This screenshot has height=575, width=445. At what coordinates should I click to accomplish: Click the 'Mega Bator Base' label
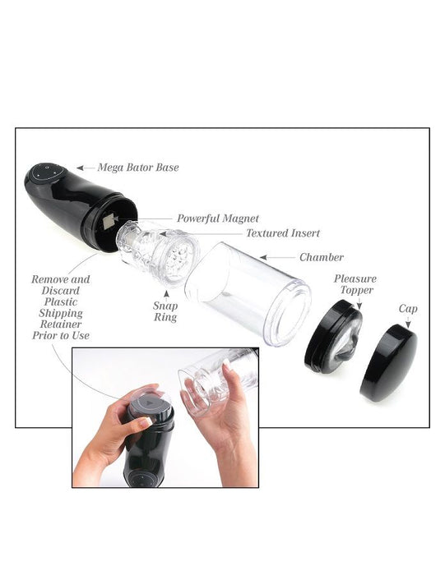[138, 168]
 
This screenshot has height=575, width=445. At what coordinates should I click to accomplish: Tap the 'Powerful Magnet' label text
[218, 218]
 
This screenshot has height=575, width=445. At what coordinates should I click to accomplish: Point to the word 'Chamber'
[321, 257]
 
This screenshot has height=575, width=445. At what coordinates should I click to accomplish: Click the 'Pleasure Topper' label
[355, 285]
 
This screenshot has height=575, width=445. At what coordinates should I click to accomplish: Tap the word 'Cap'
[408, 309]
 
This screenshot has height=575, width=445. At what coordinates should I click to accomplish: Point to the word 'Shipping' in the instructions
[60, 313]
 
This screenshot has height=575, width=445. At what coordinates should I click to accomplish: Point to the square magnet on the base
[108, 219]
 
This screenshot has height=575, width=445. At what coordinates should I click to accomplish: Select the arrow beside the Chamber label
[283, 257]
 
